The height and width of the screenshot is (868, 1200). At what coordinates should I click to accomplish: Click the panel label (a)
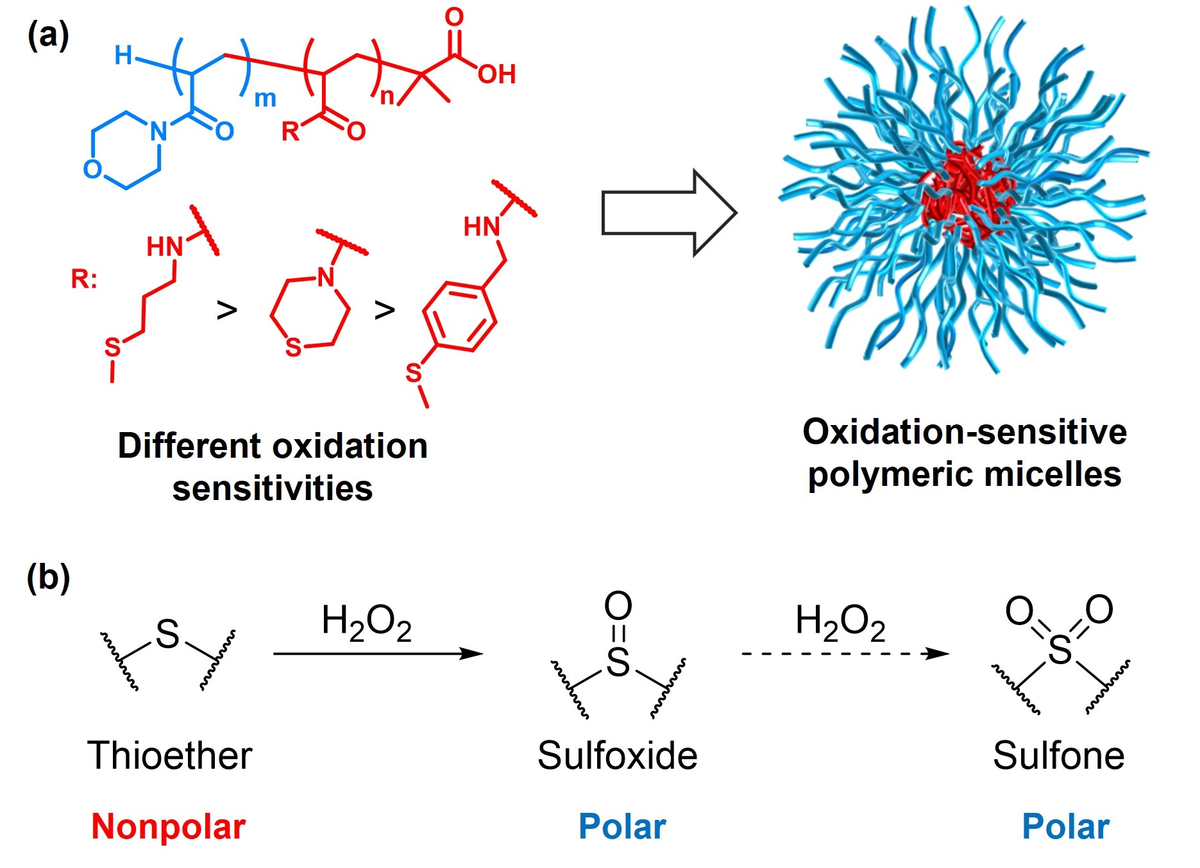[x=48, y=35]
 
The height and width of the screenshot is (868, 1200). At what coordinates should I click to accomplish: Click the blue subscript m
[x=265, y=99]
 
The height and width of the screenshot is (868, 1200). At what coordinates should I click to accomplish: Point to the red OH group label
[x=496, y=75]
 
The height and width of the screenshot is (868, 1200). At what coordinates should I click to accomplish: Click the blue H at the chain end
[x=123, y=56]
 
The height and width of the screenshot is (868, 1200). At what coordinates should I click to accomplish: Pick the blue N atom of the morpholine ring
[x=158, y=131]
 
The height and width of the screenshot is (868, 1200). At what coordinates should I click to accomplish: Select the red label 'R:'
[x=84, y=279]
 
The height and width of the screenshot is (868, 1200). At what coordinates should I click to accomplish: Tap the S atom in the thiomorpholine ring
[x=293, y=347]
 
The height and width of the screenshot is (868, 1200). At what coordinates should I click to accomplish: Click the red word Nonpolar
[x=169, y=826]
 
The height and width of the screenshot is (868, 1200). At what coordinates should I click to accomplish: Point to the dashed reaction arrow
[x=844, y=654]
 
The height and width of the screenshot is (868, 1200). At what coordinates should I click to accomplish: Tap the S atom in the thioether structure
[x=167, y=634]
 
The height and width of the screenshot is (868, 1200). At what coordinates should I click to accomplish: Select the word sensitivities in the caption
[x=273, y=488]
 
